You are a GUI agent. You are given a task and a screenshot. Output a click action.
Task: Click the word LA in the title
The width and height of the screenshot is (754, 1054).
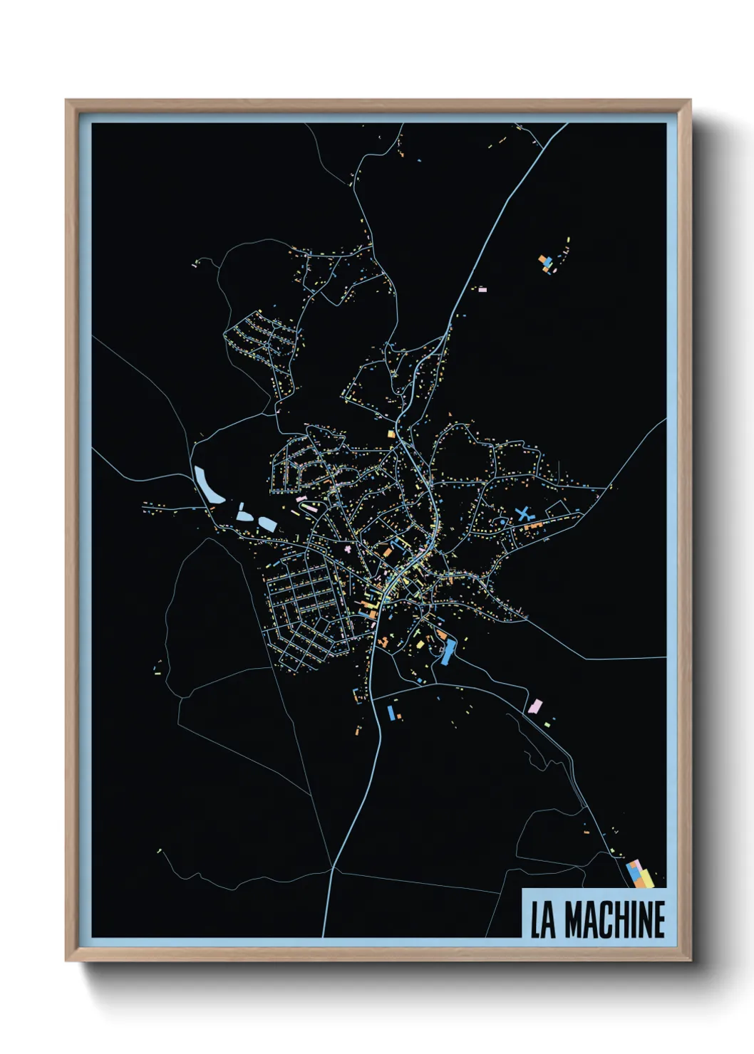[543, 920]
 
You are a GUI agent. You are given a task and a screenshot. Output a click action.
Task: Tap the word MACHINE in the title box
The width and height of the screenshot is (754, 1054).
[615, 920]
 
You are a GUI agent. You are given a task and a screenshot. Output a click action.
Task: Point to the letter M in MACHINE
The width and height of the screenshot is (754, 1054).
[574, 920]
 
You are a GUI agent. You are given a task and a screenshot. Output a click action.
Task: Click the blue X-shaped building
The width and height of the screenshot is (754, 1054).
[525, 513]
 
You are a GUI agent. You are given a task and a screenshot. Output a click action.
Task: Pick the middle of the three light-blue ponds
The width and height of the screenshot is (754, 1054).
[244, 513]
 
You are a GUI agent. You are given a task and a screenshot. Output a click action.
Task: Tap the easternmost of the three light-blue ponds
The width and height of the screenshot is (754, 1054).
[267, 523]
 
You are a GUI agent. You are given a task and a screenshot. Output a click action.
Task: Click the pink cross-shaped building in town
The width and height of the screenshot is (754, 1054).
[348, 549]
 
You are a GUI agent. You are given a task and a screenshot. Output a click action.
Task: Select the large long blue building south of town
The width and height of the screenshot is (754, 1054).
[448, 652]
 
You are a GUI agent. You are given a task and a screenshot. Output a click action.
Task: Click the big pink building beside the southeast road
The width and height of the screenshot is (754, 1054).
[535, 706]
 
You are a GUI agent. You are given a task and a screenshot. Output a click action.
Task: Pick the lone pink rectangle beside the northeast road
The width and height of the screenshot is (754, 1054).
[482, 290]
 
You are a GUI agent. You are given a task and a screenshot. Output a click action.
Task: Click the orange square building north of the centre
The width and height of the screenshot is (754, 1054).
[391, 434]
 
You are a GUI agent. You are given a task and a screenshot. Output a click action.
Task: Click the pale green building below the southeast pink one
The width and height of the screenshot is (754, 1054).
[547, 724]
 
